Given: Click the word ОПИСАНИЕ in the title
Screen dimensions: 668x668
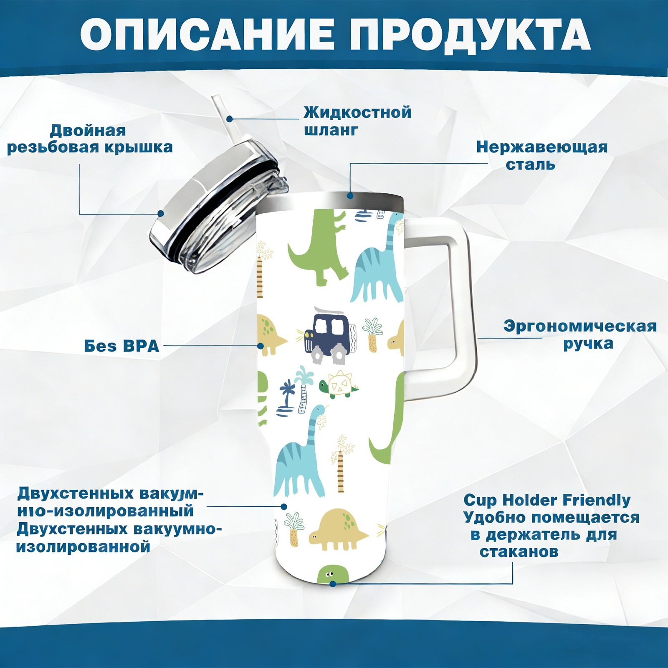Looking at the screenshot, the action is [x=207, y=34].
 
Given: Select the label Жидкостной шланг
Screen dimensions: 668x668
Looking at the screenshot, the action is [x=357, y=121].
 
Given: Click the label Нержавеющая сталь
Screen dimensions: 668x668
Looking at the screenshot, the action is [x=542, y=156].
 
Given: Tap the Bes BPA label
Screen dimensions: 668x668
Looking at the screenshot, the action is [x=122, y=346].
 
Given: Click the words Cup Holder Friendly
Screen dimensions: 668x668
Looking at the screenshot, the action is [x=547, y=500].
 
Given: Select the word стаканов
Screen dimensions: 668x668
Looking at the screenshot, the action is [x=519, y=552].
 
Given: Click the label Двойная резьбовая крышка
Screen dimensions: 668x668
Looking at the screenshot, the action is [x=90, y=139].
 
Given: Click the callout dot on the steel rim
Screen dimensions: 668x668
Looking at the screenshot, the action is [x=350, y=195].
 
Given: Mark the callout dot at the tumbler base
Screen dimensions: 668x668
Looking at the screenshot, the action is [x=332, y=584].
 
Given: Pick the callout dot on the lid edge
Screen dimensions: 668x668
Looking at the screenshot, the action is [x=160, y=213].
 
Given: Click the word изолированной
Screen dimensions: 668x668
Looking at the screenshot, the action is [x=83, y=547].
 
